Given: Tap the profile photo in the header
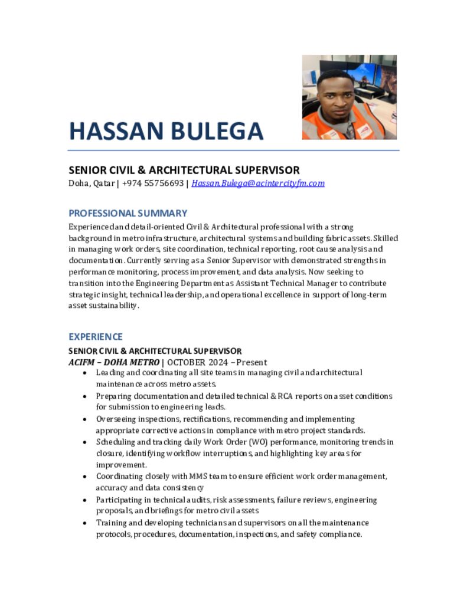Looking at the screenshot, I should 349,97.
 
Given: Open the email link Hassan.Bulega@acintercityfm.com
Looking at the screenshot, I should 258,183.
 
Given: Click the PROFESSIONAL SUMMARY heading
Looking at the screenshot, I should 128,213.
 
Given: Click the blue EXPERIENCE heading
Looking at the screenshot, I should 95,337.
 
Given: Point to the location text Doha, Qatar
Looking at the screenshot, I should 92,183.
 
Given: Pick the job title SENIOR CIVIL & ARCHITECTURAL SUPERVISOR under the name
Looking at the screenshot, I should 184,170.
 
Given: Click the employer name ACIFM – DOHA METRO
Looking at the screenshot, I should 114,362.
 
